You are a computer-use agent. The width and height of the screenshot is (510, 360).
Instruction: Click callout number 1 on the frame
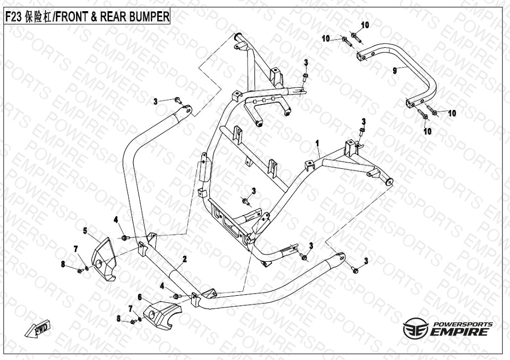point(317,143)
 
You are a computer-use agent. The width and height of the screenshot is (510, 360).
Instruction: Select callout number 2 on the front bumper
point(184,259)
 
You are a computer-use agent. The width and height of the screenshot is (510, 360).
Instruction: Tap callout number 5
point(84,230)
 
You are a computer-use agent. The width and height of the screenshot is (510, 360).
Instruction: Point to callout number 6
point(140,297)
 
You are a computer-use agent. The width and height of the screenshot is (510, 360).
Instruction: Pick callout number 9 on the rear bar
point(395,70)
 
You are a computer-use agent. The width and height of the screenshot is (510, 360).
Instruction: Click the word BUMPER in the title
point(149,17)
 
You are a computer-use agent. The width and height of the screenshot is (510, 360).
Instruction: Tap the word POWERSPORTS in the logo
point(463,324)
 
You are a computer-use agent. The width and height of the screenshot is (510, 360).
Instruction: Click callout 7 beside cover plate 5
point(75,249)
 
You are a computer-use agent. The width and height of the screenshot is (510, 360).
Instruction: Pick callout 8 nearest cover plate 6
point(118,318)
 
